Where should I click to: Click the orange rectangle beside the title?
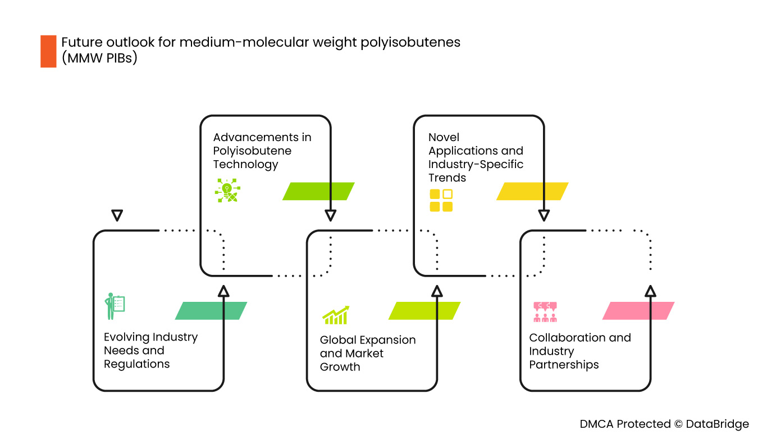(48, 51)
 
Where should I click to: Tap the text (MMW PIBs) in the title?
(99, 58)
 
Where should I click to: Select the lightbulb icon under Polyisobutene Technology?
(227, 191)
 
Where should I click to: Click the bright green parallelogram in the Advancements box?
(318, 191)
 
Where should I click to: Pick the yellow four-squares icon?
(441, 201)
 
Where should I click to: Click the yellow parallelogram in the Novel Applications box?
(532, 191)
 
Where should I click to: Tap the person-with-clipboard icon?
(115, 306)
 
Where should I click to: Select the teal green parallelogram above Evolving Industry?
(211, 311)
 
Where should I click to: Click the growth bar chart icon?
(335, 315)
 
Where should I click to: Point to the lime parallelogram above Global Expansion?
(424, 311)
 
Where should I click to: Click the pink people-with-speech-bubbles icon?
(545, 312)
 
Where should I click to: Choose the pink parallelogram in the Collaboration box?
(638, 311)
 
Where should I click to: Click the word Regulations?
(136, 364)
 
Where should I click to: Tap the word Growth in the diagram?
(340, 367)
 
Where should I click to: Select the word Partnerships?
(564, 365)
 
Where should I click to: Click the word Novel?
(444, 137)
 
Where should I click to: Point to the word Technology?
(245, 165)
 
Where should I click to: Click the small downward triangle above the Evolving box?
(117, 215)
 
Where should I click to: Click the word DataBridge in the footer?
(717, 424)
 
